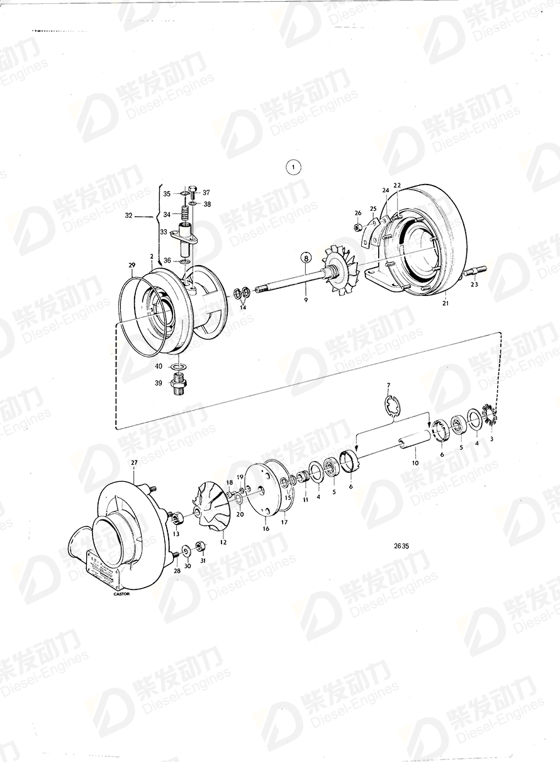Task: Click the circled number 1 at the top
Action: (293, 168)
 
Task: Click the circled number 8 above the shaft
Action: (305, 258)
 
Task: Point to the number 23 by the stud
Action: (474, 284)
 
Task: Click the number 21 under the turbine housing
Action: (445, 304)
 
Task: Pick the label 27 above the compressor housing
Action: (133, 463)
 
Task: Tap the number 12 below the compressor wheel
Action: (223, 542)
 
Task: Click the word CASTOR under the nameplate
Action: (121, 593)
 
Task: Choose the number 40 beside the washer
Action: (159, 366)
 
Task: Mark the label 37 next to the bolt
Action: (206, 192)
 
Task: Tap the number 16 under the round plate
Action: (266, 530)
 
